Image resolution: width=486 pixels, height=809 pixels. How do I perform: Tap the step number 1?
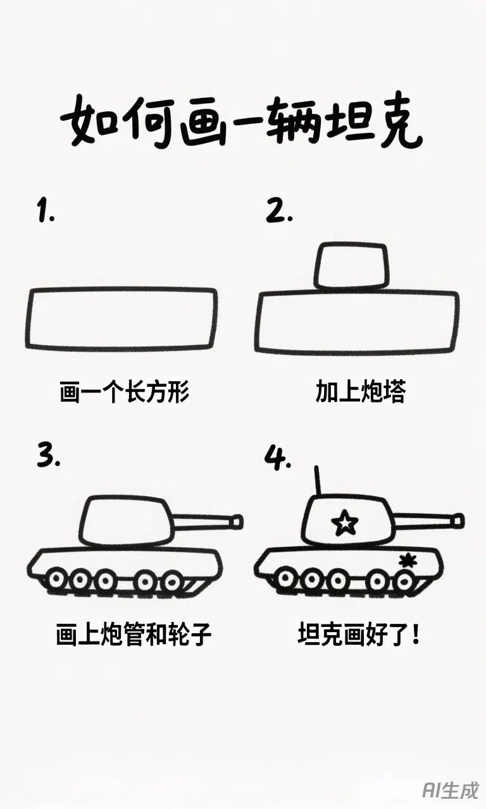(x=46, y=210)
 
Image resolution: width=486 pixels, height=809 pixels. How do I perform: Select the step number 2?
(x=279, y=211)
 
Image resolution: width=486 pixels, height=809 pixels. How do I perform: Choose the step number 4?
(x=277, y=458)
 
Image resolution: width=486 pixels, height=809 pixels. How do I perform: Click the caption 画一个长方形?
(x=125, y=391)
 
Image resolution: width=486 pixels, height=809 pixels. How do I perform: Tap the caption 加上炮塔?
(x=361, y=391)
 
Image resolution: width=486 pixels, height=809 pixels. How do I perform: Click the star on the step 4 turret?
(x=345, y=523)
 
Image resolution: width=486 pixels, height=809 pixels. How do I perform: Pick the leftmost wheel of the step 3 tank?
(x=56, y=580)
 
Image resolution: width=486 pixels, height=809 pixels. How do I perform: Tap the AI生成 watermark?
(x=451, y=789)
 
